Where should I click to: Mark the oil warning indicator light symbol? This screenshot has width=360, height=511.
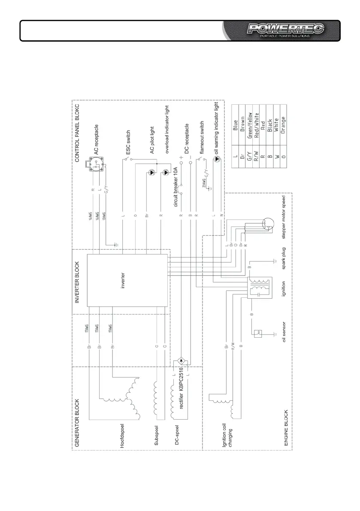point(217,158)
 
